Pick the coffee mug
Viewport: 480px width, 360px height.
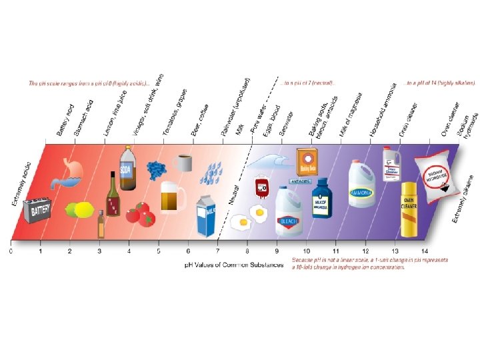click(x=183, y=162)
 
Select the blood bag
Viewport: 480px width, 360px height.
click(x=261, y=187)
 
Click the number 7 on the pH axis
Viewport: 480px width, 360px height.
click(x=217, y=251)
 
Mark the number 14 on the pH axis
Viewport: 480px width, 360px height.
click(x=424, y=251)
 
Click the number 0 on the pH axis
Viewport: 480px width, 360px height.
click(x=11, y=251)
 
